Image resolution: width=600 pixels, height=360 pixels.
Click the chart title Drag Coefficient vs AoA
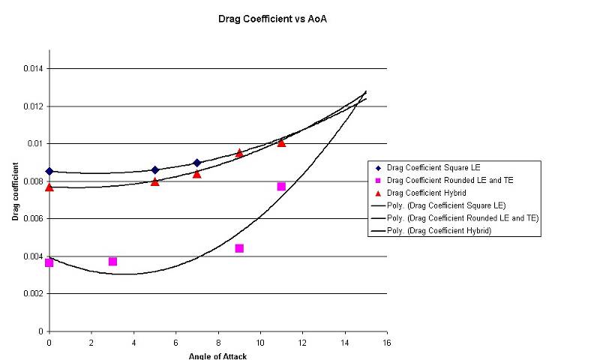click(x=272, y=19)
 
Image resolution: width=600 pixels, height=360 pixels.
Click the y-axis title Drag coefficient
click(x=15, y=191)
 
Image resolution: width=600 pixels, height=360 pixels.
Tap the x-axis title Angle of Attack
click(x=217, y=356)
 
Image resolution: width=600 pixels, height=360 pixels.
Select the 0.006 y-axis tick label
click(x=33, y=218)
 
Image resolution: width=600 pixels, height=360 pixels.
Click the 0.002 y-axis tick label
click(x=33, y=293)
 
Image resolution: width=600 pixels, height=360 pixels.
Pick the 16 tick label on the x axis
click(x=387, y=343)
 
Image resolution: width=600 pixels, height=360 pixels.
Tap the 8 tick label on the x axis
click(x=218, y=343)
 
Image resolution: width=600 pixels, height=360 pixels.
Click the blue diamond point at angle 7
click(x=197, y=163)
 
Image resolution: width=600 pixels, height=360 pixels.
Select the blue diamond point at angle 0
click(x=49, y=172)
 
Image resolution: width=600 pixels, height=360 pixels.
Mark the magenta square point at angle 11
click(x=281, y=186)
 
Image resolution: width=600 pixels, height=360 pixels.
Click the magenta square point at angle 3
click(x=112, y=262)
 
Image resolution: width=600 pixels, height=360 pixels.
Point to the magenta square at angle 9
click(x=239, y=249)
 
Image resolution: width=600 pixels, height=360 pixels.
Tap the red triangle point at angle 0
click(x=49, y=187)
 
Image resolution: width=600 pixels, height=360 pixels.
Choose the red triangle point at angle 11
click(x=281, y=142)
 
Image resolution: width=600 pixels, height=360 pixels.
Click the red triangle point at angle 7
click(x=197, y=174)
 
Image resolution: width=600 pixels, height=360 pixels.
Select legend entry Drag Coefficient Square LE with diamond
click(x=428, y=167)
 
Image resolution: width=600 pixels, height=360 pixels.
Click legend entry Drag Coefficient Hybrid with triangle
click(x=421, y=193)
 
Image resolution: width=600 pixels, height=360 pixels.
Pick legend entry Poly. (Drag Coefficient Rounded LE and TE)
click(x=455, y=218)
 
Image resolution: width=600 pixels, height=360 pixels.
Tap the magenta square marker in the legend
click(x=378, y=181)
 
